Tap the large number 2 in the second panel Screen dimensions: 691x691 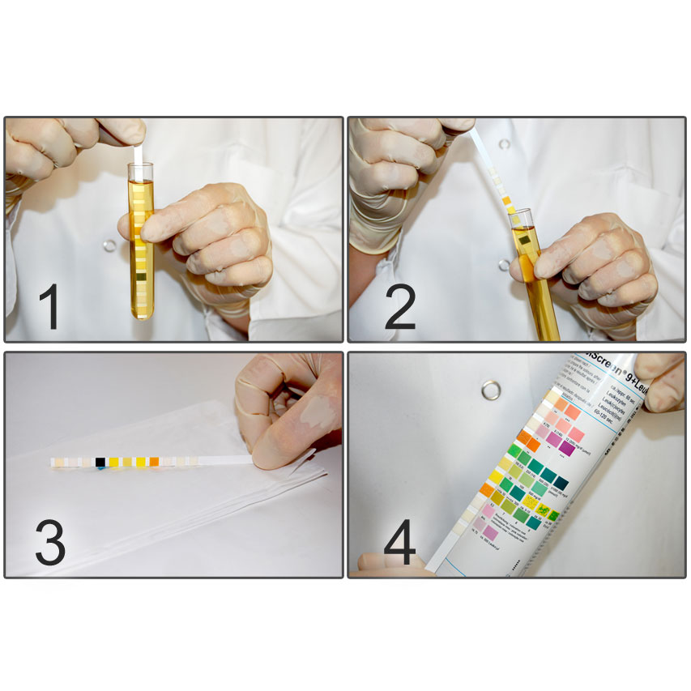pos(399,306)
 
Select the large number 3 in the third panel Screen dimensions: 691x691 pos(49,542)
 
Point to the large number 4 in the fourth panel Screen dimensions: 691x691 pos(399,542)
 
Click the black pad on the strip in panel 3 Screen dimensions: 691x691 pos(100,462)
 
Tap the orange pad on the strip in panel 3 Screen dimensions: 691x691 pos(154,462)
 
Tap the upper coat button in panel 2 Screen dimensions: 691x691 pos(504,144)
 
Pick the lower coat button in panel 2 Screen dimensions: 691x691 pos(504,265)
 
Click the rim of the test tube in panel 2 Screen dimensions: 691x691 pos(520,215)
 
